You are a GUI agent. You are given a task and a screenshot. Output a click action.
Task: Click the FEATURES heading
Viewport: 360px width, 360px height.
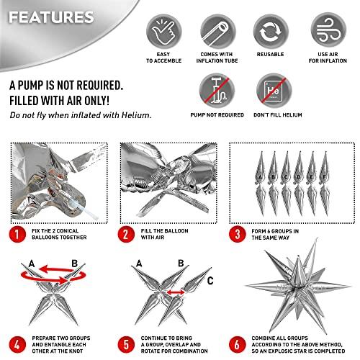51,17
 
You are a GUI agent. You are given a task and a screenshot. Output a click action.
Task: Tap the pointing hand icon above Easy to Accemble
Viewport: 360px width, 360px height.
164,32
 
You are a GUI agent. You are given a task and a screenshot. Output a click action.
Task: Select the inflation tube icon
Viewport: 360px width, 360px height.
218,32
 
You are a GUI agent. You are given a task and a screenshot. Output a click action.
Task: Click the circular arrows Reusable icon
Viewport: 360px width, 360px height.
271,32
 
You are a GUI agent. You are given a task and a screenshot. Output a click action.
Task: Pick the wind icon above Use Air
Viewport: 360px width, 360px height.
328,30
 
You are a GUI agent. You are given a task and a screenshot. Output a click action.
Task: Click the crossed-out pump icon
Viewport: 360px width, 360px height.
217,91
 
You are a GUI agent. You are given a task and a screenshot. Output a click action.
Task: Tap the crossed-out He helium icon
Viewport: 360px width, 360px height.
274,91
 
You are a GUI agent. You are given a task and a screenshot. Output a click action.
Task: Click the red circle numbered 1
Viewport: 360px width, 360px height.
17,234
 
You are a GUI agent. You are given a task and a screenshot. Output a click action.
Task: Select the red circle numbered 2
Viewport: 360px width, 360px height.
126,234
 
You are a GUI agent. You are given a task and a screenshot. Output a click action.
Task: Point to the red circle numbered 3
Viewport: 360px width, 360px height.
237,234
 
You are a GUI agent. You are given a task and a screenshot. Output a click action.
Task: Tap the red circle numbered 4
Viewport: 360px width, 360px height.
17,345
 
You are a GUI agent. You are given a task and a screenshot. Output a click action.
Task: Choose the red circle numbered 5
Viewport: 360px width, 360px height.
126,345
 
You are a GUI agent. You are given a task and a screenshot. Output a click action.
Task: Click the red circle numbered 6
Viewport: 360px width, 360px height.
237,345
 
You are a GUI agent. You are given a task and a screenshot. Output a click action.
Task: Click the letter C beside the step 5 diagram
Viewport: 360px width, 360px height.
210,280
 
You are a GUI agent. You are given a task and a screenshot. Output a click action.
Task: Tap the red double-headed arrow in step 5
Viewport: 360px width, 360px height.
176,292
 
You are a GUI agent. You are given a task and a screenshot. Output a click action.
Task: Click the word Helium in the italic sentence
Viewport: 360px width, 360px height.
136,115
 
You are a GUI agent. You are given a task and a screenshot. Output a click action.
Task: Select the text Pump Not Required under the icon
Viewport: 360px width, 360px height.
217,115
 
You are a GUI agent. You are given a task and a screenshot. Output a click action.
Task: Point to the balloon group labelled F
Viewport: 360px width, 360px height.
325,184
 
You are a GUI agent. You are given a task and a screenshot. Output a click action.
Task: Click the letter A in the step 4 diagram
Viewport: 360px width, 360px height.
32,264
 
